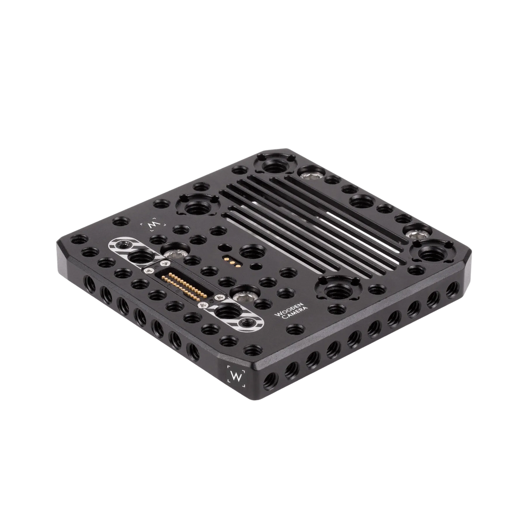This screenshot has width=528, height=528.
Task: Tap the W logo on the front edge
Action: [234, 377]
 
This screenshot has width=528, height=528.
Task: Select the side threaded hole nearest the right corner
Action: [452, 289]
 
